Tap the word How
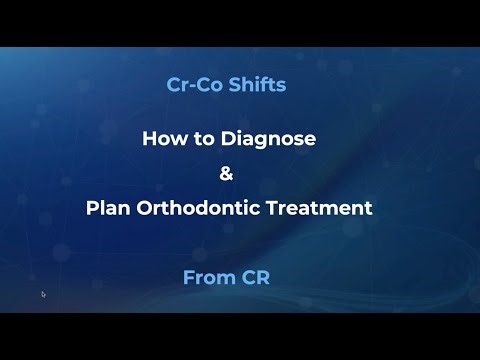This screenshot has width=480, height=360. pyautogui.click(x=162, y=140)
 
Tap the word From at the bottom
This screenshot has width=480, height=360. pyautogui.click(x=208, y=276)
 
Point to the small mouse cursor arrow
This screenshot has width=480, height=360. pyautogui.click(x=43, y=294)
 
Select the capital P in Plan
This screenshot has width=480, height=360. pyautogui.click(x=91, y=210)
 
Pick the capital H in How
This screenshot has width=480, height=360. pyautogui.click(x=148, y=140)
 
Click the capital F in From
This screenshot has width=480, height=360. pyautogui.click(x=189, y=276)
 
